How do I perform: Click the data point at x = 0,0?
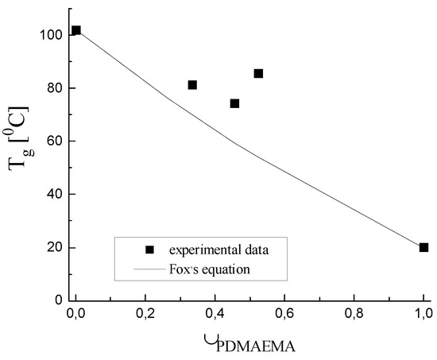(x=75, y=30)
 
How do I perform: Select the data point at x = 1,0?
(x=423, y=247)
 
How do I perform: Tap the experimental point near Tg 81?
(x=192, y=85)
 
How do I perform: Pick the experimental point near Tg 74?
(x=234, y=103)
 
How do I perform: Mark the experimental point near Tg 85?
(x=258, y=73)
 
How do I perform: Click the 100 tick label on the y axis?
(x=48, y=35)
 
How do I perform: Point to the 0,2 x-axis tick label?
(x=145, y=315)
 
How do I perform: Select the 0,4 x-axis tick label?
(x=215, y=315)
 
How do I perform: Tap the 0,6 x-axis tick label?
(x=284, y=315)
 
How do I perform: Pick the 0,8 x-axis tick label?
(x=354, y=315)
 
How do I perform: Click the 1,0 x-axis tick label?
(x=423, y=315)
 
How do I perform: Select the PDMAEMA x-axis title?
(x=249, y=346)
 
